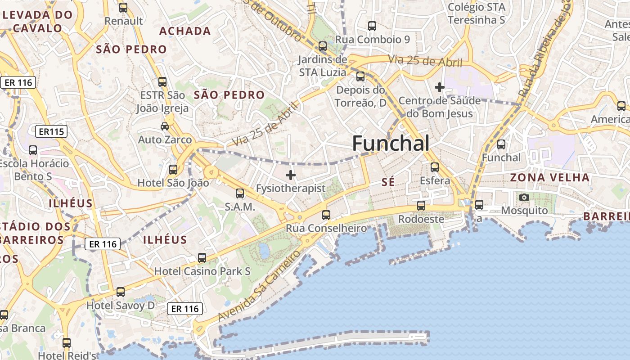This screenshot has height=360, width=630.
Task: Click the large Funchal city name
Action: [x=391, y=143]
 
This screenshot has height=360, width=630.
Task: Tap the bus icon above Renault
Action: [x=123, y=8]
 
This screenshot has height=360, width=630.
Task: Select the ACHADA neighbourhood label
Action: [x=185, y=31]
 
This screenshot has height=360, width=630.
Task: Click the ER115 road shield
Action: [x=51, y=131]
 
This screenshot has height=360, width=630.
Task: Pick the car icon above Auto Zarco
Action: [x=165, y=126]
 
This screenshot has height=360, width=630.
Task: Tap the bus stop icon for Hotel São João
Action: [x=173, y=170]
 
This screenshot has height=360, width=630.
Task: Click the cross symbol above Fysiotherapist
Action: [x=291, y=175]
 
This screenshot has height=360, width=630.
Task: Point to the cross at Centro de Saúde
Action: [x=440, y=87]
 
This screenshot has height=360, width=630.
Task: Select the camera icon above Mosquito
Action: [x=524, y=197]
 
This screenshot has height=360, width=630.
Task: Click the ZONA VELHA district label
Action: [x=549, y=177]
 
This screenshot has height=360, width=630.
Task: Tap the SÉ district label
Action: [x=387, y=182]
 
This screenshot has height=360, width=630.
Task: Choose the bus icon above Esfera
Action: [x=434, y=167]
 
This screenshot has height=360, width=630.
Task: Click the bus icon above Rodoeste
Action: [x=421, y=206]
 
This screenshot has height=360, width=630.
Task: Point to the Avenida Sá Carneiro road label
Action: [x=259, y=287]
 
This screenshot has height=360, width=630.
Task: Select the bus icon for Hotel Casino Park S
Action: [x=202, y=258]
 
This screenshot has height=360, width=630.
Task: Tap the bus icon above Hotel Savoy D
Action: [x=121, y=292]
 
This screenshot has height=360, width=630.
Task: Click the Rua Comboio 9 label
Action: [x=373, y=40]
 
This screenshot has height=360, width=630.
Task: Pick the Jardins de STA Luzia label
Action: [x=323, y=66]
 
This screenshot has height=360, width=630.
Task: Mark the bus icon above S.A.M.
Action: [x=240, y=193]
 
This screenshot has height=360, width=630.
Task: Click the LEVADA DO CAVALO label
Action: [x=38, y=21]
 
